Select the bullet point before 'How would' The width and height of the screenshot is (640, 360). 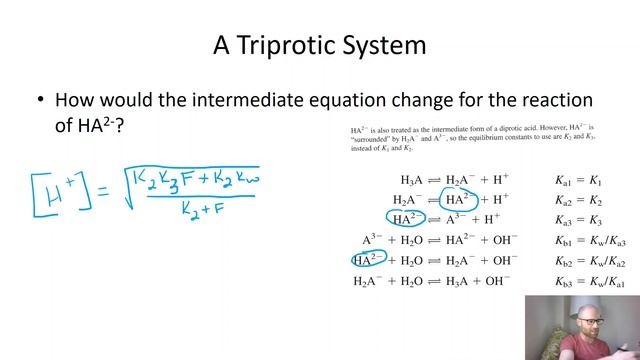click(40, 101)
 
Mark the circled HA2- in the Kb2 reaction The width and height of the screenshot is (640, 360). click(369, 261)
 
